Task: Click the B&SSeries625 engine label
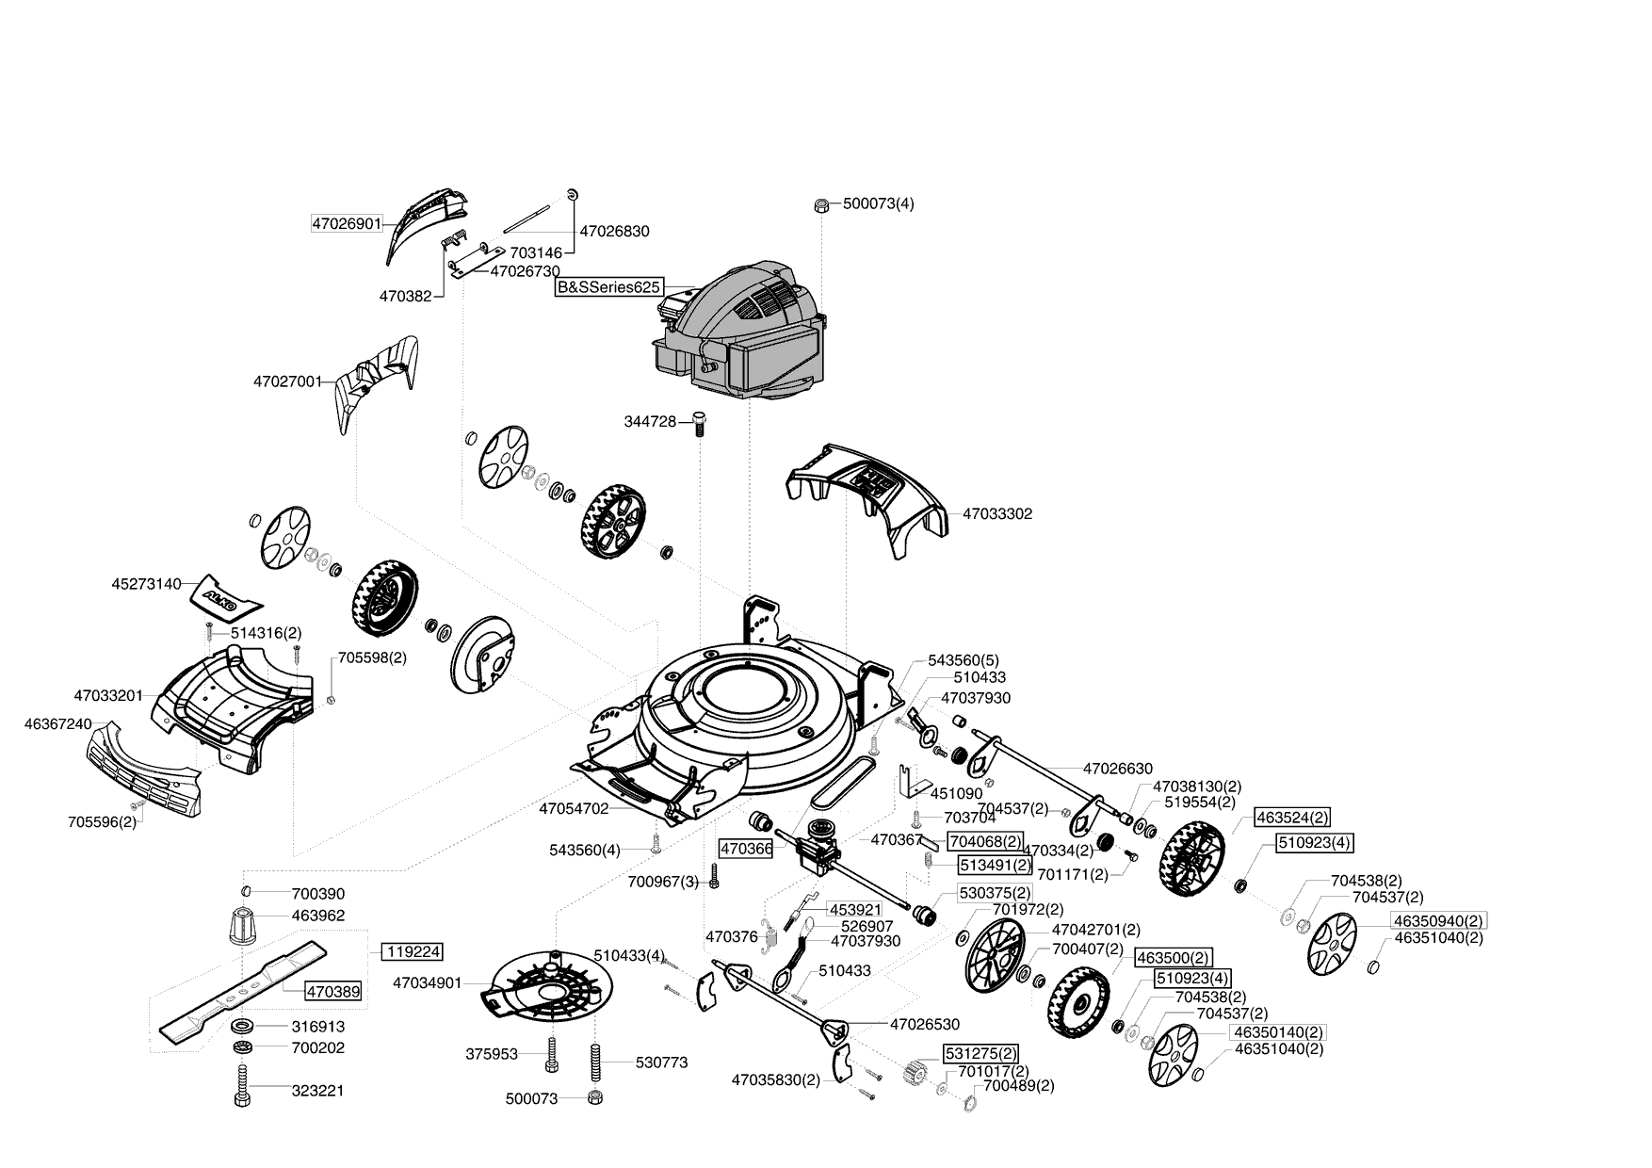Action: click(x=608, y=287)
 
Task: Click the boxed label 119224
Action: click(x=412, y=952)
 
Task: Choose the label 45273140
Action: click(x=146, y=584)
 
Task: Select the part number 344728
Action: click(x=650, y=422)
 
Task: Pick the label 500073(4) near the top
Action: click(x=878, y=203)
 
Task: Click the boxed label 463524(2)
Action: click(x=1291, y=818)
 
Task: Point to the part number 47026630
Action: click(x=1117, y=769)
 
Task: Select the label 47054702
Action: click(x=574, y=808)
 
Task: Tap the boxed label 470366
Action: click(x=746, y=849)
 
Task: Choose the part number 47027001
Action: click(x=287, y=382)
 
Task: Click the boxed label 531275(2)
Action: click(x=980, y=1053)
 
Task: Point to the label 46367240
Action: click(x=57, y=724)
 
